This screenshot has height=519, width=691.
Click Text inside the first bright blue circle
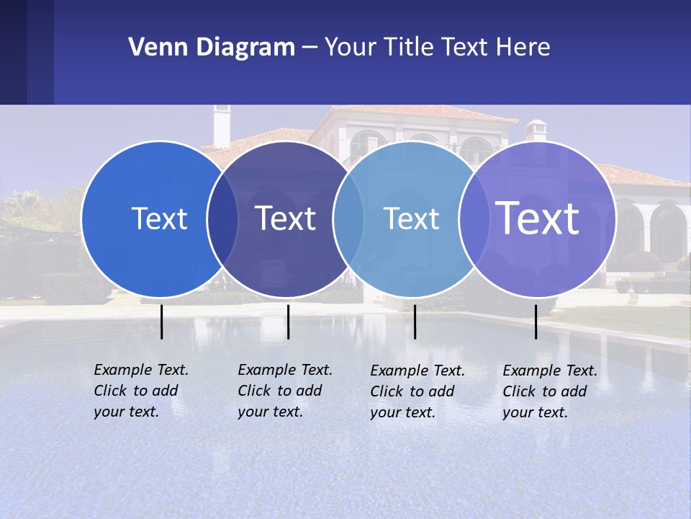159,218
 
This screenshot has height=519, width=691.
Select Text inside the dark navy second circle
286,218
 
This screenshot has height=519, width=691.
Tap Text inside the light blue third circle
411,218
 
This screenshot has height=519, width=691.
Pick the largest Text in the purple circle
538,218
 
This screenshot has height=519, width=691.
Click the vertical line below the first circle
162,321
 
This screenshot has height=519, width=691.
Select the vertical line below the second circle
288,321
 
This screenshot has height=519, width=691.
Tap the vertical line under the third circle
415,321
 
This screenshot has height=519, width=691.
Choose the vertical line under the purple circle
536,321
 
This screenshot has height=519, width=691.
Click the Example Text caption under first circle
141,391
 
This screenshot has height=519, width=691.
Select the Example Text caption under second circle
285,391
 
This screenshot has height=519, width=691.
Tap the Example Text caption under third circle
417,391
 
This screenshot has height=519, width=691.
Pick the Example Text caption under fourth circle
550,391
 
